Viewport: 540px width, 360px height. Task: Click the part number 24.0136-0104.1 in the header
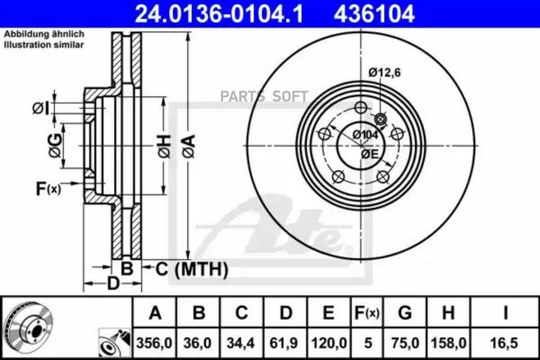click(x=219, y=14)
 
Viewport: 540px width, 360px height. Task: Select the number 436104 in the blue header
click(x=374, y=14)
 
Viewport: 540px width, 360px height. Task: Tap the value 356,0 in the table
click(x=154, y=343)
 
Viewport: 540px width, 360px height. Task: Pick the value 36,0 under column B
click(x=197, y=343)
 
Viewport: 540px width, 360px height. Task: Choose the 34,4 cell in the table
click(x=241, y=343)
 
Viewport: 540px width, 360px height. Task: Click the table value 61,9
click(x=284, y=343)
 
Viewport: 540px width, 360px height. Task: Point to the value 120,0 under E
click(x=329, y=343)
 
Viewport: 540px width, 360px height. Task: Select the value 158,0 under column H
click(x=449, y=343)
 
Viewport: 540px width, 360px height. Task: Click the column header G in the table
click(x=404, y=313)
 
